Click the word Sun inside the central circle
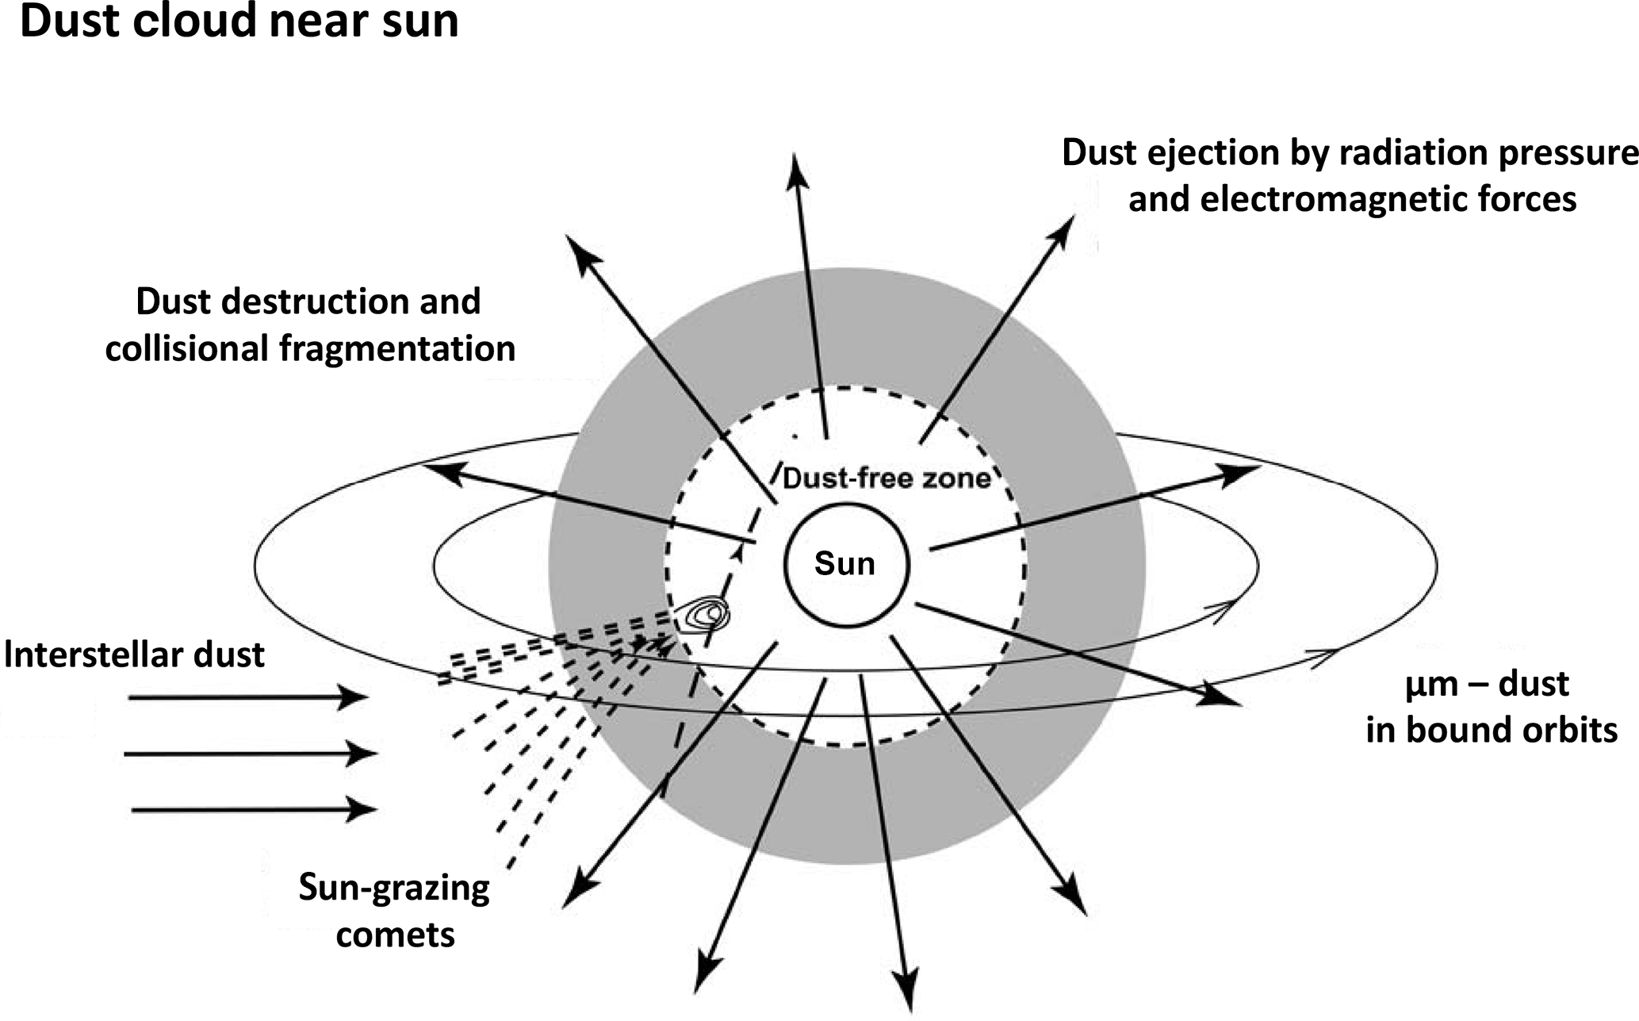coord(844,564)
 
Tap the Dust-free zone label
coord(887,478)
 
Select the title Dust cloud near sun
coord(239,22)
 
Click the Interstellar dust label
coord(134,655)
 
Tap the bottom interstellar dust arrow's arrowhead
coord(363,809)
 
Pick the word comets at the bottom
coord(395,935)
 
